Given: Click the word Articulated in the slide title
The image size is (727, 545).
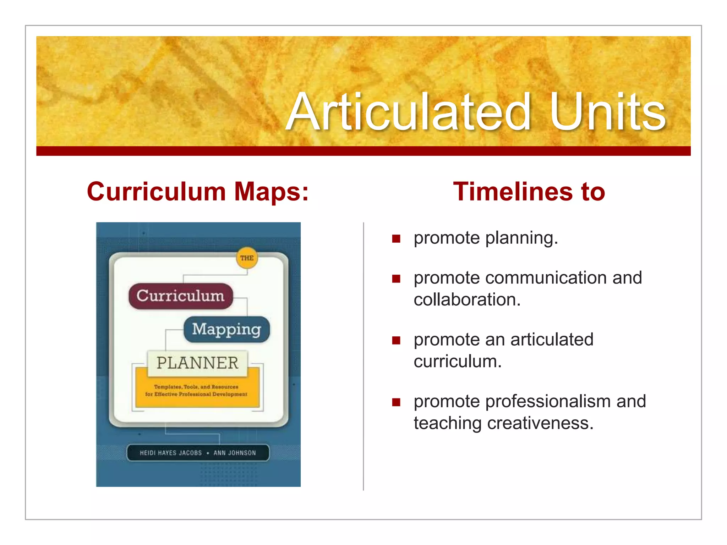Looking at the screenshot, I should click(408, 112).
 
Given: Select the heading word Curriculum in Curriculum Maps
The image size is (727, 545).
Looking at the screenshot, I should click(156, 192).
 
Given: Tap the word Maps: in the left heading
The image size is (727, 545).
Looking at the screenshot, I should click(272, 192).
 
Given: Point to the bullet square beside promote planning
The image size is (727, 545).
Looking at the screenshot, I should click(396, 238).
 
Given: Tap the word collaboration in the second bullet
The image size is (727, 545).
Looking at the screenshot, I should click(467, 300).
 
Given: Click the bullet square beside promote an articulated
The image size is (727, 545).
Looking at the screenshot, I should click(396, 341).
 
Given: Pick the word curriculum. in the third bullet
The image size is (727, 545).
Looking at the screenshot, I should click(458, 362).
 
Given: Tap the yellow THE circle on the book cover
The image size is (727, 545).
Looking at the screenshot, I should click(247, 258).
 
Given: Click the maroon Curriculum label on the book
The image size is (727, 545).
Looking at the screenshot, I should click(180, 296).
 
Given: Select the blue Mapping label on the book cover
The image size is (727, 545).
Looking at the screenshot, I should click(226, 329).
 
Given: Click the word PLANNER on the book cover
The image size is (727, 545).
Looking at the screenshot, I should click(197, 363).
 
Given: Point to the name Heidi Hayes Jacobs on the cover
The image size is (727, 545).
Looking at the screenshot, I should click(171, 453).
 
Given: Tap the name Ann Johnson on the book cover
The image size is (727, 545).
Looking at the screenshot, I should click(235, 453).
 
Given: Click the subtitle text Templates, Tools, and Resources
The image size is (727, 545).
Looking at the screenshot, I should click(196, 387).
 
